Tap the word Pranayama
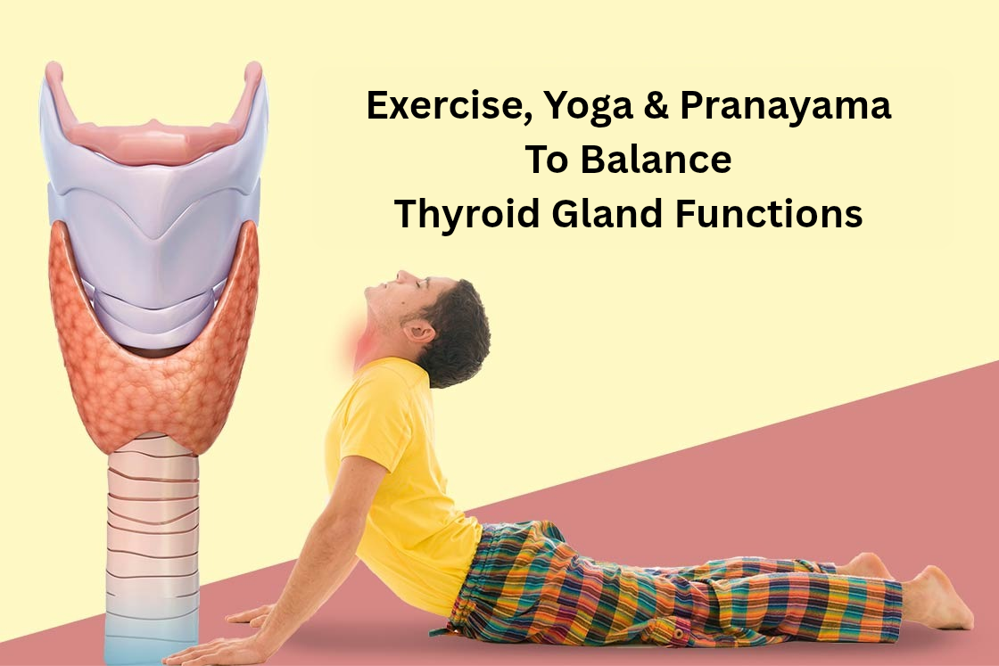pos(785,107)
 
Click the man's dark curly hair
pos(459,330)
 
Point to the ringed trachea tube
pos(152,535)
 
